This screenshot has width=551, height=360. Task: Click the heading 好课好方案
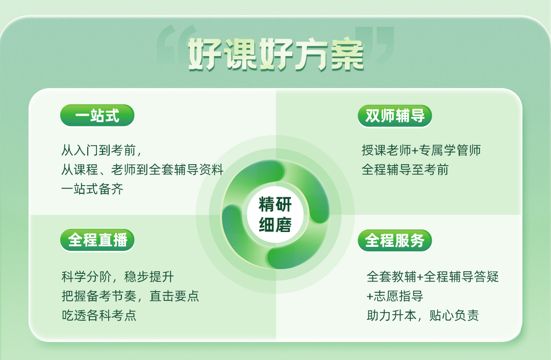(276, 54)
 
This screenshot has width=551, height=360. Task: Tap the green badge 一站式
(97, 115)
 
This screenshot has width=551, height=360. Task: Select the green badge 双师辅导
(394, 116)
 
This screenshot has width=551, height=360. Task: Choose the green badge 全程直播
(97, 240)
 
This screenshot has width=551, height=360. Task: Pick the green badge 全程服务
(394, 241)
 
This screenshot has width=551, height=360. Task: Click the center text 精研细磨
(275, 215)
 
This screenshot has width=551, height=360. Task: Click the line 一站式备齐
(92, 189)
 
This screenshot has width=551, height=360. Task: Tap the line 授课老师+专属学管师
(421, 150)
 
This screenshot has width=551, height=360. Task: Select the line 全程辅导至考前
(405, 170)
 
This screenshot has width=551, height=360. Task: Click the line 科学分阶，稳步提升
(118, 277)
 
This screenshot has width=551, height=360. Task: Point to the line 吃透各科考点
(99, 316)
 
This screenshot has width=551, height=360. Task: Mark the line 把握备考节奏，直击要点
(131, 296)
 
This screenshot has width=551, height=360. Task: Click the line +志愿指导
(394, 296)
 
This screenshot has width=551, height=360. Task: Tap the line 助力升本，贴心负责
(423, 316)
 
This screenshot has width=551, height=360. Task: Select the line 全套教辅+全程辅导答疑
(433, 277)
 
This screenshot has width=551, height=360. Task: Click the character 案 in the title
(347, 55)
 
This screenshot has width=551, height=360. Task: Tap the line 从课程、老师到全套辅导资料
(142, 170)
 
